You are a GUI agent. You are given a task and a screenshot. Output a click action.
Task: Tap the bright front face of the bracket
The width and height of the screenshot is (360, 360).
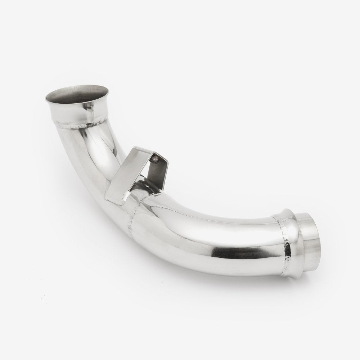[x=122, y=176]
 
